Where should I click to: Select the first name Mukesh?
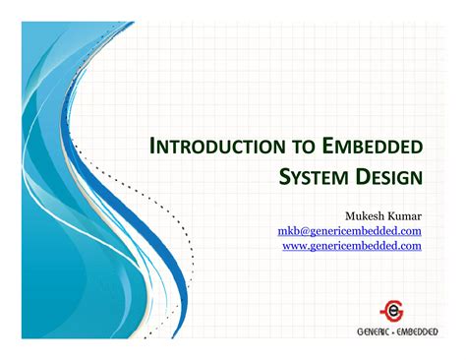[x=365, y=212]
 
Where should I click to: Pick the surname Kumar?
[x=404, y=212]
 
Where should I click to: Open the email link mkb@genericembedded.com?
[x=350, y=229]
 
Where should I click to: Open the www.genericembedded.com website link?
[x=352, y=245]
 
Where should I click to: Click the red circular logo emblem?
[x=393, y=309]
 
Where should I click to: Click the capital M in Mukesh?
[x=350, y=212]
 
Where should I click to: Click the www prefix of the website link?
[x=294, y=245]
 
